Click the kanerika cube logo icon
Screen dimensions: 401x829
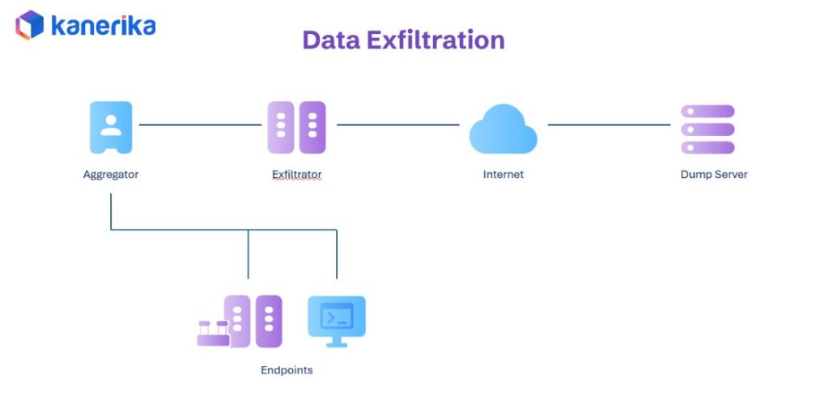[x=30, y=25]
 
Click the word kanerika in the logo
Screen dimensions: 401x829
[x=103, y=26]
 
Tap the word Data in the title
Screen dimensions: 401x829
[x=329, y=40]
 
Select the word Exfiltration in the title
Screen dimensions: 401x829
[x=435, y=40]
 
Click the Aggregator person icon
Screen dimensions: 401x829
[x=111, y=127]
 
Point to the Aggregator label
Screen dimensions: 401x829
[x=111, y=174]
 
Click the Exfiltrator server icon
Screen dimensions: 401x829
[x=296, y=127]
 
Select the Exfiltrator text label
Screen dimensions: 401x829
[x=296, y=174]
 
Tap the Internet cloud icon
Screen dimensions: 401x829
[x=503, y=129]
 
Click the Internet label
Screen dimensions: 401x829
[x=503, y=174]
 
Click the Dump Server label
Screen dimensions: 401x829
[x=713, y=174]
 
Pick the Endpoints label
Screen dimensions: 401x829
[x=286, y=370]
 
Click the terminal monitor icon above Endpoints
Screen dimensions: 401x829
[x=337, y=319]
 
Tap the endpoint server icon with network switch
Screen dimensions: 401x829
[x=240, y=322]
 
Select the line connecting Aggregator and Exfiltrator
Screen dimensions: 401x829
[x=201, y=125]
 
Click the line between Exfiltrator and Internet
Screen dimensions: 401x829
[x=397, y=125]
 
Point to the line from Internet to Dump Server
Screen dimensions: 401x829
[x=609, y=125]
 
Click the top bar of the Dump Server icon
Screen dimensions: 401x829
[x=708, y=112]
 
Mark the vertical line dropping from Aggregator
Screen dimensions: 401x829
[x=111, y=210]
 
